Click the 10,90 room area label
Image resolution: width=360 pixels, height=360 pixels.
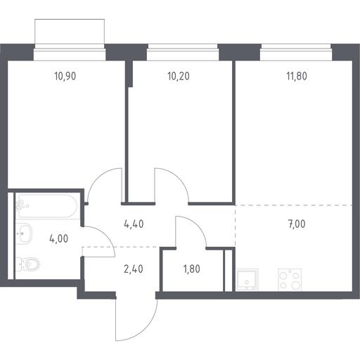pos(65,77)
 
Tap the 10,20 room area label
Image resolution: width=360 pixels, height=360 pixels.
pos(179,77)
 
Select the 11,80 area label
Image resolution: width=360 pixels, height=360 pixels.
pos(297,77)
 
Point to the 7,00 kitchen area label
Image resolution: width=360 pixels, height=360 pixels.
pos(297,224)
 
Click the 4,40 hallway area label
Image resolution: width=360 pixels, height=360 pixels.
pos(134,224)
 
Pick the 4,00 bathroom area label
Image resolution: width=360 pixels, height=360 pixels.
pos(59,239)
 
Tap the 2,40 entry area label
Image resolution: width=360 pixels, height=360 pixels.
pos(134,269)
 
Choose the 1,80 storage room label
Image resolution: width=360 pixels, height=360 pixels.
pos(192,269)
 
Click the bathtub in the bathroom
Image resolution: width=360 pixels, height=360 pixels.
pos(46,206)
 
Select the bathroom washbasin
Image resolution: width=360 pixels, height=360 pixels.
pos(24,233)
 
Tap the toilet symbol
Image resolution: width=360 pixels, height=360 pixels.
pos(27,264)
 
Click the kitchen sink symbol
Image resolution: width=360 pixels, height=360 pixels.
pos(247,280)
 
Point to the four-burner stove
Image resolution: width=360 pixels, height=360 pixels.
pos(290,280)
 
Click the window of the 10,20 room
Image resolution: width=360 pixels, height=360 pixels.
pos(183,52)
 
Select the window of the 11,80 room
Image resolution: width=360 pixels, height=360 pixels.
pos(296,52)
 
